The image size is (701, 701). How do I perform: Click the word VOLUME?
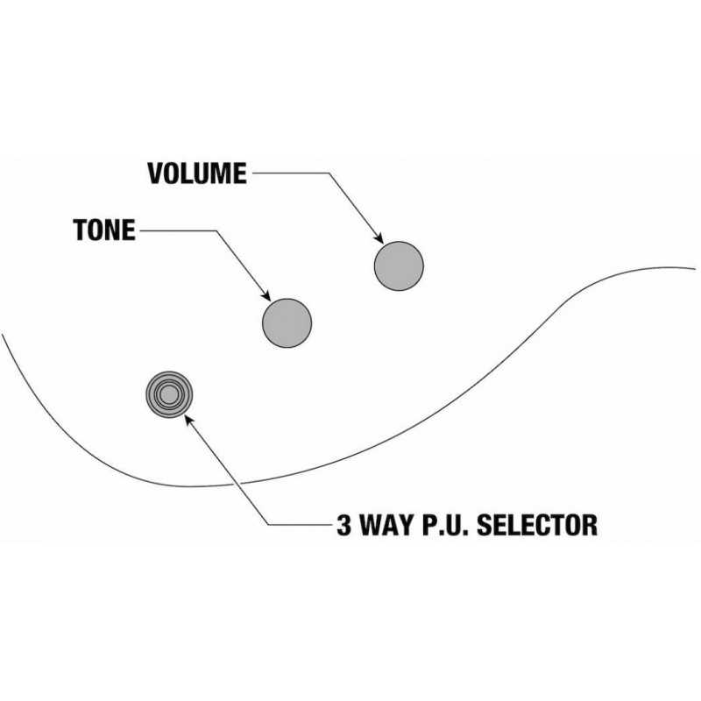[x=197, y=173]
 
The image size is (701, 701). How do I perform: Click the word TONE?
[x=104, y=230]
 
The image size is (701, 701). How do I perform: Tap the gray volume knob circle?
[x=399, y=266]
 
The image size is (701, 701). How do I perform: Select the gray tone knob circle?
[x=287, y=322]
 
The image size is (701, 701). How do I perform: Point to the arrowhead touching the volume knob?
[x=379, y=238]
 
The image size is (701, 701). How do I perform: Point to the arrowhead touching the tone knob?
[x=266, y=295]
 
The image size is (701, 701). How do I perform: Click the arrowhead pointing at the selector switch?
[x=189, y=420]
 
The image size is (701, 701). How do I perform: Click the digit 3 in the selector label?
[x=343, y=525]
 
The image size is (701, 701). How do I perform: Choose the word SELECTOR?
[x=537, y=525]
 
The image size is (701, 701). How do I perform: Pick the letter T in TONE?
[x=80, y=230]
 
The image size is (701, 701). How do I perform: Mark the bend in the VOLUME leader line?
[x=330, y=173]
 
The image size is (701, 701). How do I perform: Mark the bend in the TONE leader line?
[x=217, y=230]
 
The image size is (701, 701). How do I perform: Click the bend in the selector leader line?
[x=268, y=524]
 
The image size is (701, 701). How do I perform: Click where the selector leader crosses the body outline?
[x=237, y=484]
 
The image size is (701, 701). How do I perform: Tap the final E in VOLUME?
[x=240, y=173]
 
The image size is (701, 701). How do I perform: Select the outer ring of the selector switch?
[x=169, y=373]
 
